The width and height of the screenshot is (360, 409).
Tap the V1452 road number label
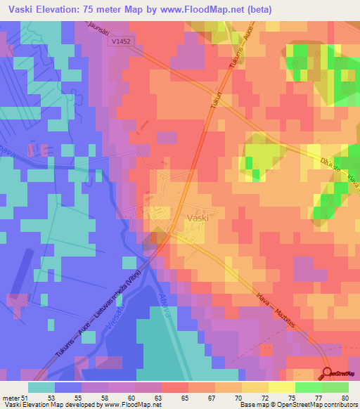[x=121, y=42]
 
